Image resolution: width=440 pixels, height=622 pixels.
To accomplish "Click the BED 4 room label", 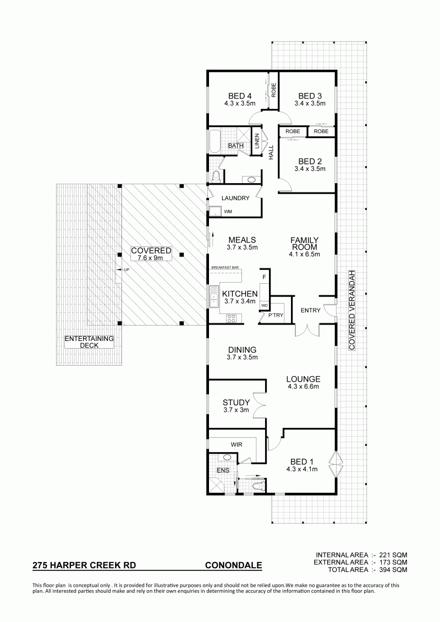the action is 240,96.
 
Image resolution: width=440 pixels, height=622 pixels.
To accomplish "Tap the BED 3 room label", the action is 310,96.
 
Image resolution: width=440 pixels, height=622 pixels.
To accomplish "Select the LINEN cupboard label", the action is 257,141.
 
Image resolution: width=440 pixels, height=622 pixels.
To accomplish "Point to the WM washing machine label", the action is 228,212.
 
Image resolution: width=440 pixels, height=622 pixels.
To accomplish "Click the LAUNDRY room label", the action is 235,198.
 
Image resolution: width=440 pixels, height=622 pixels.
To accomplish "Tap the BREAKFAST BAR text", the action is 225,268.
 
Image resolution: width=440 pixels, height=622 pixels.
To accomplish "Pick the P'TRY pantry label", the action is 276,315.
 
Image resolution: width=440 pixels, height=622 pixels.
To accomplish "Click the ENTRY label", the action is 310,310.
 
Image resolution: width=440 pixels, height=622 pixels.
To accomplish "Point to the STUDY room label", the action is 236,403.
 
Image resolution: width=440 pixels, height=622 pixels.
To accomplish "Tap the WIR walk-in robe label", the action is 237,445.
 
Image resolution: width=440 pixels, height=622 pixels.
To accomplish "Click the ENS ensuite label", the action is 223,471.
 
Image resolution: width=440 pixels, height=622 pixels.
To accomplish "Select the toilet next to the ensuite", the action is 257,485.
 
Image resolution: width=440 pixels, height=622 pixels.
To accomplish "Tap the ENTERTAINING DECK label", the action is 89,342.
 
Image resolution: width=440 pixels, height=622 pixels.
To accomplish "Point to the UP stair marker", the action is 127,269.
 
